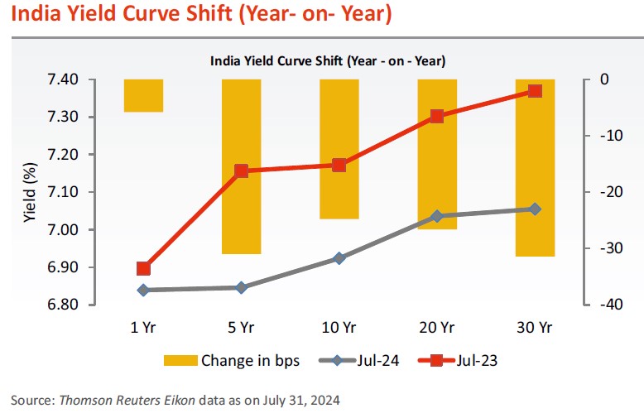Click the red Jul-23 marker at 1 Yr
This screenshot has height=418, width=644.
coord(143,268)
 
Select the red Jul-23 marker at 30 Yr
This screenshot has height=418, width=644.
coord(535,91)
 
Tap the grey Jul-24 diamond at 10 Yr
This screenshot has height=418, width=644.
coord(339,258)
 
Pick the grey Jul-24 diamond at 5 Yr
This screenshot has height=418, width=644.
coord(241,287)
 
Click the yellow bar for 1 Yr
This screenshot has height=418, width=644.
coord(143,95)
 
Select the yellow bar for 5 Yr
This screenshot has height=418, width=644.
coord(241,166)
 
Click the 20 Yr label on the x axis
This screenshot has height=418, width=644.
coord(436,328)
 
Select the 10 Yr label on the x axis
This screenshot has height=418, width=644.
coord(339,328)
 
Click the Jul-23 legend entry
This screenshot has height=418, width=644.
coord(467,360)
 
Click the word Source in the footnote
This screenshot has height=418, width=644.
coord(30,401)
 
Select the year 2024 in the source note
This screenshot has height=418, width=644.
coord(324,401)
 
